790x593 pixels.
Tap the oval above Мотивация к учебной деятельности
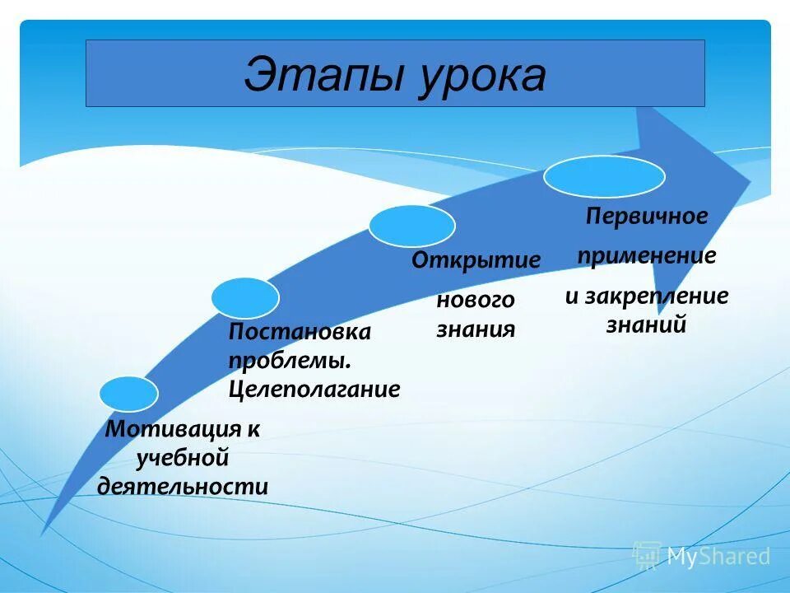128,394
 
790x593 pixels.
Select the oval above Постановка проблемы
244,298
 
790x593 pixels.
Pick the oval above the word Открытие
411,226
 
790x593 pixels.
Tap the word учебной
182,457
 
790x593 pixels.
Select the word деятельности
183,486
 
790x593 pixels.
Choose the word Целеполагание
314,389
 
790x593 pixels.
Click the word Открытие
476,261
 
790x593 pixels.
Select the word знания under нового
476,329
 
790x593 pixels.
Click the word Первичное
646,217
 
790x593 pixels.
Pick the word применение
646,256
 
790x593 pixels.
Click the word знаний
646,325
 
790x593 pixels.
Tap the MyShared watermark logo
701,556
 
